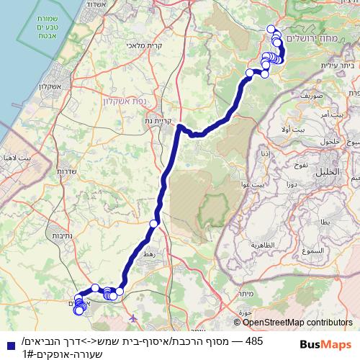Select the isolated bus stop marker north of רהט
[153, 225]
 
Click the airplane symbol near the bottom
[132, 317]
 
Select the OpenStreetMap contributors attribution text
[294, 323]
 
